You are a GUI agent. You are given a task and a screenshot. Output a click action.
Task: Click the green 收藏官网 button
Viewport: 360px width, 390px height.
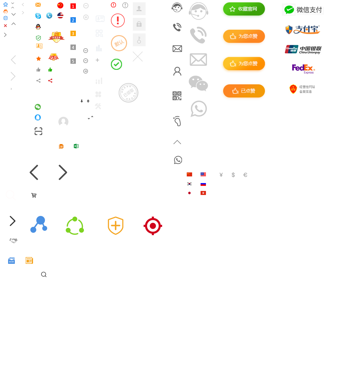[243, 9]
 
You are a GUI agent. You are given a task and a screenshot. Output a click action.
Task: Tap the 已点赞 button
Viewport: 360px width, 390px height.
[243, 91]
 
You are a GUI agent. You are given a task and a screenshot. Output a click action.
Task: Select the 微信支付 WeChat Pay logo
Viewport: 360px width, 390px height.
[303, 10]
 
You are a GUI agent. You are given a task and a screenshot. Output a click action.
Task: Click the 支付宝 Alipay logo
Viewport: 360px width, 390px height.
[302, 30]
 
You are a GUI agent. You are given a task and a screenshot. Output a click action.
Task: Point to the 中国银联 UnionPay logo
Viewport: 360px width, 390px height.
[303, 50]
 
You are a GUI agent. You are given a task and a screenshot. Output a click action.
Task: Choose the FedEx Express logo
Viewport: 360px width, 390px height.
[303, 69]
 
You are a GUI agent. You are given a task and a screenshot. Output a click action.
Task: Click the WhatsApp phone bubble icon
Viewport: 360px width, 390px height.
[178, 160]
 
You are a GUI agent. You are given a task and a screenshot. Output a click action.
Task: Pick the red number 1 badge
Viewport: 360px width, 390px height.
[73, 6]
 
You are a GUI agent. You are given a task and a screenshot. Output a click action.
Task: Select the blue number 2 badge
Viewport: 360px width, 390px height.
[73, 20]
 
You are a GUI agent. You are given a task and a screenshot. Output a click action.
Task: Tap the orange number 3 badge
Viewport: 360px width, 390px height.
[73, 34]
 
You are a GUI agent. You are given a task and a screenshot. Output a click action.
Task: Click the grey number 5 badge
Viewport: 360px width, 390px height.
[73, 61]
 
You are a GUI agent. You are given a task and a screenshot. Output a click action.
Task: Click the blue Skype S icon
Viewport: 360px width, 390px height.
[38, 16]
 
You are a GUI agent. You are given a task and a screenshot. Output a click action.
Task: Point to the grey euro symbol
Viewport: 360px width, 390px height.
[245, 175]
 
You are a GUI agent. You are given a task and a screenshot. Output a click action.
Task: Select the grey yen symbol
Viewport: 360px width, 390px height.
[221, 175]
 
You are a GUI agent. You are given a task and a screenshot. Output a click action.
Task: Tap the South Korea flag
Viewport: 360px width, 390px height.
[189, 184]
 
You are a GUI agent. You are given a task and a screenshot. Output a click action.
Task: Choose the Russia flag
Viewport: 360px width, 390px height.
[203, 184]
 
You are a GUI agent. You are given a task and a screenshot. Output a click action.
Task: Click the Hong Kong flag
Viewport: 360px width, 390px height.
[203, 193]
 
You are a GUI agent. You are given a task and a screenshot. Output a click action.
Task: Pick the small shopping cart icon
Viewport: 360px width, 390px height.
[34, 195]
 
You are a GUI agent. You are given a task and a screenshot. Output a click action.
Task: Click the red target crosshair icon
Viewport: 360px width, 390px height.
[153, 226]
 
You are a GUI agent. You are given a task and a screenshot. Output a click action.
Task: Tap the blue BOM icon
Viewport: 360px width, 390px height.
[11, 260]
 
